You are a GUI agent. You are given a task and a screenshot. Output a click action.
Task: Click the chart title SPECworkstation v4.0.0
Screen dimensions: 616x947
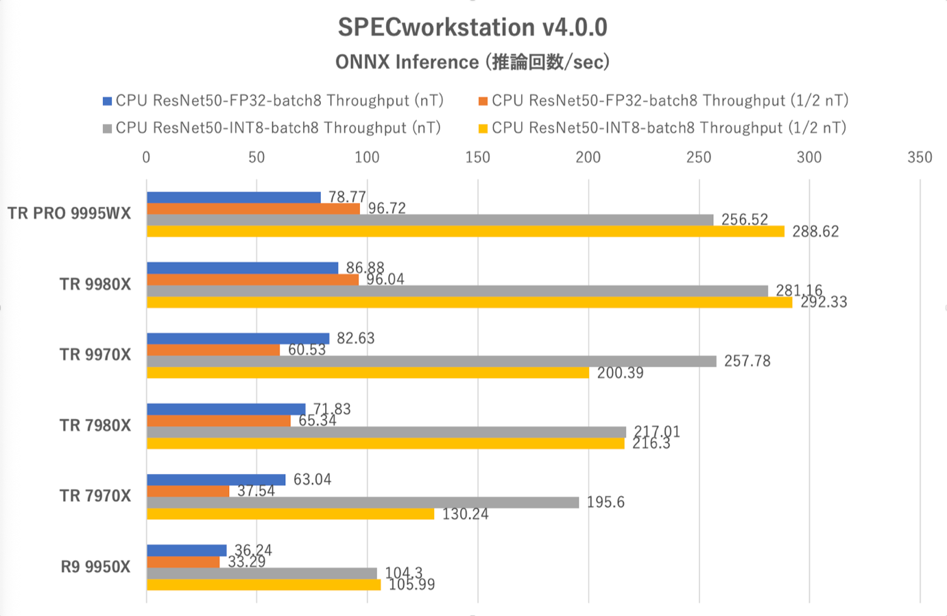click(x=472, y=27)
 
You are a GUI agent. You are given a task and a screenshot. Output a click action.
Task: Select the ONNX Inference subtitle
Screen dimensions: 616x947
click(x=472, y=62)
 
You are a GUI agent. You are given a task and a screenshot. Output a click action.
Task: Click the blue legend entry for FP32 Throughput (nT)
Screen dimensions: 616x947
click(x=273, y=101)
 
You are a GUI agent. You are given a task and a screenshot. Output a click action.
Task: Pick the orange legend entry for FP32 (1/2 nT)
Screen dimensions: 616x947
click(x=663, y=101)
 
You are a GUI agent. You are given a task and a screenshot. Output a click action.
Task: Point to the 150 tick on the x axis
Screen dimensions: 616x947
click(x=478, y=158)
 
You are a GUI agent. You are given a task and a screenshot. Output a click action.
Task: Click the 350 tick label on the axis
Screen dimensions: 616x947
click(x=920, y=158)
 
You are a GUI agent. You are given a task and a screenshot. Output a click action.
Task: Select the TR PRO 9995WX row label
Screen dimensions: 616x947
click(x=69, y=213)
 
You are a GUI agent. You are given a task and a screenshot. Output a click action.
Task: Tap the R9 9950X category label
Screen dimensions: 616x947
click(x=95, y=567)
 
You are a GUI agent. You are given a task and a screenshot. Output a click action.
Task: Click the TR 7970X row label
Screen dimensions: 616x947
click(x=95, y=496)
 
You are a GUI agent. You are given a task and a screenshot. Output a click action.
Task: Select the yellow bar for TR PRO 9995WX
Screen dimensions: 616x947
click(x=465, y=232)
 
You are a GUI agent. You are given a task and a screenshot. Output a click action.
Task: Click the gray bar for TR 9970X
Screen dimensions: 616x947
click(x=431, y=362)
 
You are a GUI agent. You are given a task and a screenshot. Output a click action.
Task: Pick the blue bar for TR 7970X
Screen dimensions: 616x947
click(x=216, y=479)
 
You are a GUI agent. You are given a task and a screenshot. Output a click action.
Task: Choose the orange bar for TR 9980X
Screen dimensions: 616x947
click(x=252, y=280)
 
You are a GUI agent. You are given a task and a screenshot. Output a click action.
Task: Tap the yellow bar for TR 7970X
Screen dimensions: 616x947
click(x=290, y=514)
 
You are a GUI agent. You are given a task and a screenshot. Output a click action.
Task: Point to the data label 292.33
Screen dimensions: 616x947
click(x=824, y=303)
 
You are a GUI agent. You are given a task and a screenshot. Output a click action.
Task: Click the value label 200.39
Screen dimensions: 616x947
click(x=620, y=373)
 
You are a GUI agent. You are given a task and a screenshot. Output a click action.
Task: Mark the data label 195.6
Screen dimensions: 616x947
click(x=606, y=502)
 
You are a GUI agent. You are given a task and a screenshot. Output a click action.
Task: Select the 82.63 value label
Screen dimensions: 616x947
click(x=355, y=338)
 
